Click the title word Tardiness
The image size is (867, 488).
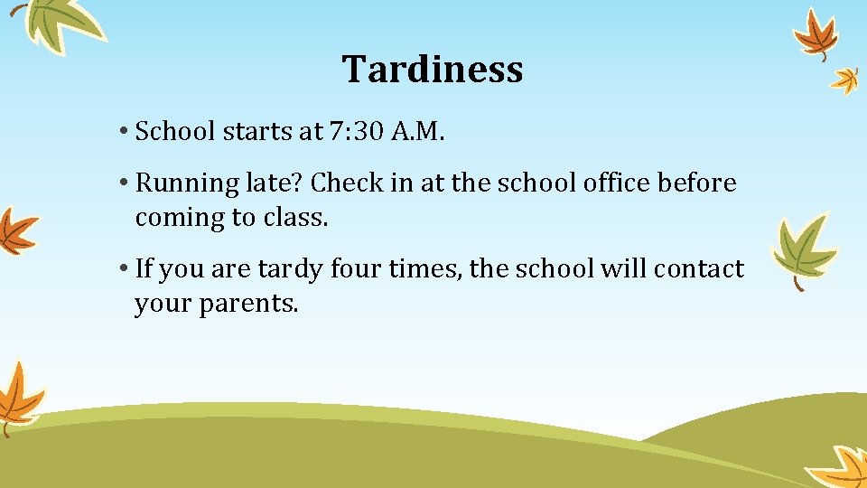coord(433,69)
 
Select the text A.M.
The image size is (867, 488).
coord(419,132)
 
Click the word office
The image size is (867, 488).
coord(613,183)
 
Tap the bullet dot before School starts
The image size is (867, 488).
coord(122,133)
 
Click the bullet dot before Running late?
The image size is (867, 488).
coord(122,184)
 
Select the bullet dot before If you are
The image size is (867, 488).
coord(122,270)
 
